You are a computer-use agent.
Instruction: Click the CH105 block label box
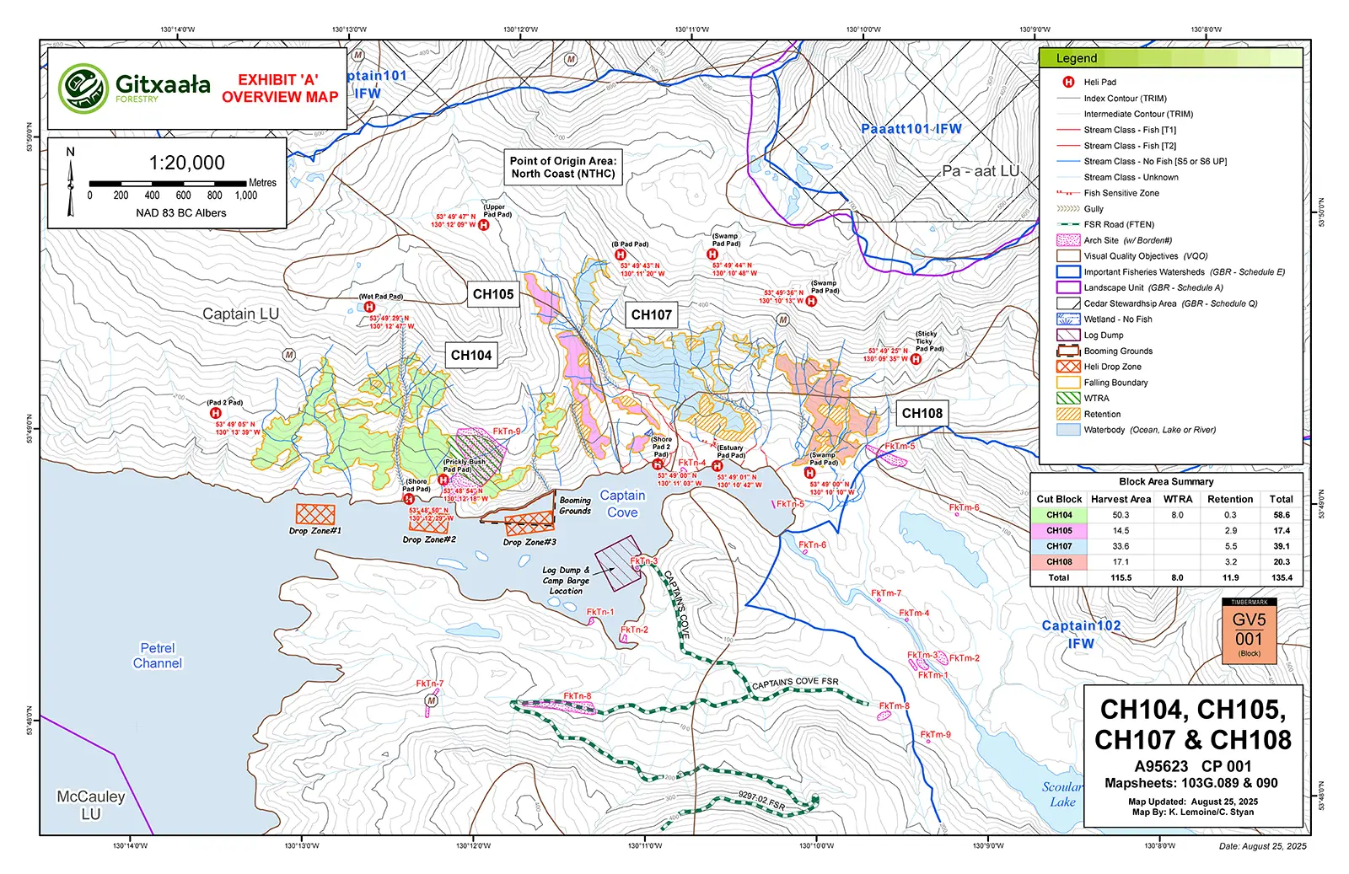point(493,294)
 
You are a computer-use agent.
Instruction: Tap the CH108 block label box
point(922,413)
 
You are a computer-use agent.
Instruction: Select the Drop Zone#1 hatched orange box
point(315,514)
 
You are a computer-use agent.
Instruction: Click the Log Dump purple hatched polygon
point(618,561)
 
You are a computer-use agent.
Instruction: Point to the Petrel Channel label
point(157,656)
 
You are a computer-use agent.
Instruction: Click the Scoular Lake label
point(1062,794)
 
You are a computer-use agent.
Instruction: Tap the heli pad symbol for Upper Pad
point(484,225)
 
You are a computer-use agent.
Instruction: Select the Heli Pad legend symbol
point(1068,82)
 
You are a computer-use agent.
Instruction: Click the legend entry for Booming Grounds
point(1118,351)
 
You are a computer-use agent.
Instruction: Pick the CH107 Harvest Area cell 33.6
point(1121,546)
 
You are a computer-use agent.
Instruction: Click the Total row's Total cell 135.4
point(1282,577)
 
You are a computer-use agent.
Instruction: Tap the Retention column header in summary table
point(1230,499)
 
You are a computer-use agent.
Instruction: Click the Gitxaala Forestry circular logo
point(83,88)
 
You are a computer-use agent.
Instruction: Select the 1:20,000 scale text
point(187,163)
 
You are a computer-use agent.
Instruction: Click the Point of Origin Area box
point(563,167)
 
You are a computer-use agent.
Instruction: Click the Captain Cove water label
point(622,504)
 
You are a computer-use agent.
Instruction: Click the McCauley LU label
point(90,805)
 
